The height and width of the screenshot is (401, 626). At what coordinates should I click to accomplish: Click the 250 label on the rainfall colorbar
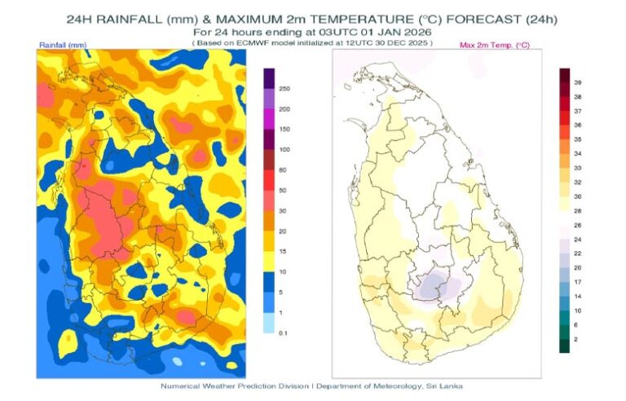pyautogui.click(x=284, y=88)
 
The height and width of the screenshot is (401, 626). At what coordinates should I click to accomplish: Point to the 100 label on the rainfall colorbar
pyautogui.click(x=284, y=150)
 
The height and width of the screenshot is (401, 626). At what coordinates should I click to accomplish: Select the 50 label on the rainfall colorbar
pyautogui.click(x=283, y=190)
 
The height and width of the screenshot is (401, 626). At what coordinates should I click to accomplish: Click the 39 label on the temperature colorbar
pyautogui.click(x=577, y=82)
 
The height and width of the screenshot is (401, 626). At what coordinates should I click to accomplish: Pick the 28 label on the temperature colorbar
pyautogui.click(x=577, y=210)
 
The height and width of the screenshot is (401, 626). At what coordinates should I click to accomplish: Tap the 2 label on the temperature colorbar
pyautogui.click(x=576, y=338)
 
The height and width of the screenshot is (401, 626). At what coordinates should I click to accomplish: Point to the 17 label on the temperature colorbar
pyautogui.click(x=577, y=281)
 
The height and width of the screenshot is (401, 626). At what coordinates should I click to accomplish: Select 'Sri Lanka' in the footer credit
pyautogui.click(x=447, y=386)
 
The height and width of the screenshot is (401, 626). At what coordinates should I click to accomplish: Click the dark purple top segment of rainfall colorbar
pyautogui.click(x=269, y=77)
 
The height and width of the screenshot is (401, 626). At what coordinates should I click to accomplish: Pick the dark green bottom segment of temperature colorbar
pyautogui.click(x=564, y=345)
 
